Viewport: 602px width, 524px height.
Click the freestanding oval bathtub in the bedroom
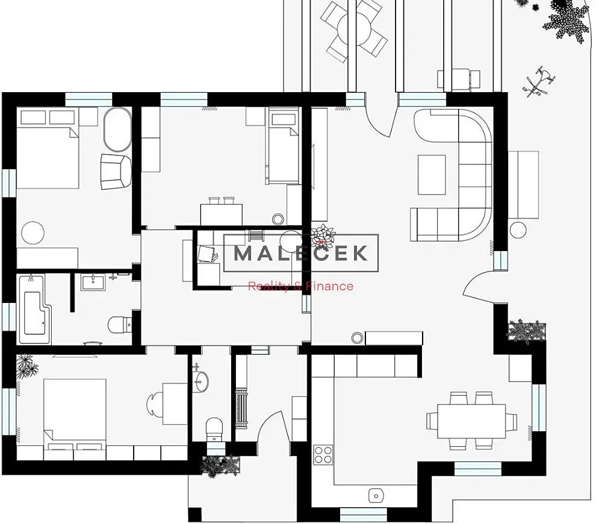(117, 129)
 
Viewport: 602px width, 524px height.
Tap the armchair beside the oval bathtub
(116, 172)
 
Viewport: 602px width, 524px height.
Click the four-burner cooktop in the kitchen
(323, 455)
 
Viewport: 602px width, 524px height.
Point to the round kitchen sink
(376, 496)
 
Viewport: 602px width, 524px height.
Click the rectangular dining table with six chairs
(471, 420)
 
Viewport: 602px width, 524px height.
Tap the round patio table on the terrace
(354, 28)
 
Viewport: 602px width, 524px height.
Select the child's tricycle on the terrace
(539, 81)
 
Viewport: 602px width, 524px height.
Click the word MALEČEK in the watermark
(300, 253)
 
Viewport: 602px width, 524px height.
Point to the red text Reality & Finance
(300, 286)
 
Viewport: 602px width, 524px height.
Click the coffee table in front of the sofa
(432, 175)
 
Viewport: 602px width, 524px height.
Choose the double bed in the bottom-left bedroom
(75, 414)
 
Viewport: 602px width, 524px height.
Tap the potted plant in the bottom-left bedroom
(27, 366)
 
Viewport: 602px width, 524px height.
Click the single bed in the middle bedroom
(283, 146)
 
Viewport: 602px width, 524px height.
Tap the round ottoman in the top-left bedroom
(33, 233)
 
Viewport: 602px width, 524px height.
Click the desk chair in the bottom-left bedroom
(154, 404)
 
